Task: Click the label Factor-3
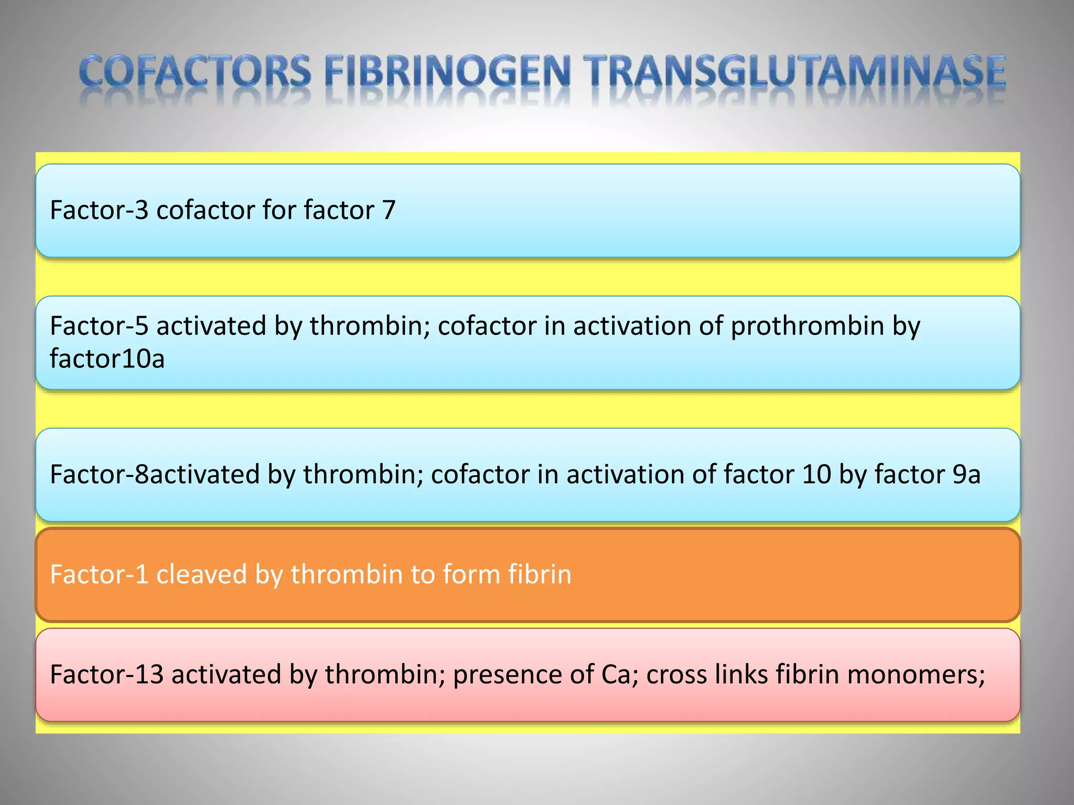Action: (99, 210)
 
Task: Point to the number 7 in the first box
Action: (389, 210)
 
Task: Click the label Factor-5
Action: (99, 326)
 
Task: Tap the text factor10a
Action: (108, 359)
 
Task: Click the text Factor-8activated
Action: (155, 474)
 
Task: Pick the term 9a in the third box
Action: (966, 474)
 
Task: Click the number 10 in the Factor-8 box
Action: (817, 474)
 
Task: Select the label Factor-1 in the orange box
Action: (99, 574)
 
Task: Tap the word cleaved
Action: (202, 574)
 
